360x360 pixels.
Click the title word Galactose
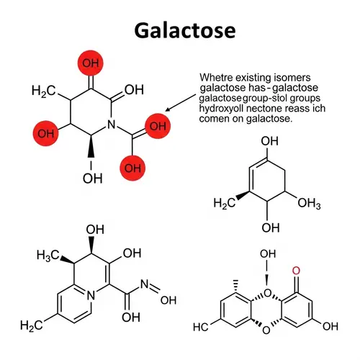pyautogui.click(x=179, y=30)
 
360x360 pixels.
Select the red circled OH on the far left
pyautogui.click(x=46, y=134)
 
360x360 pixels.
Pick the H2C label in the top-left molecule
pyautogui.click(x=44, y=91)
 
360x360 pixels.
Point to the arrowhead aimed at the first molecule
pyautogui.click(x=168, y=110)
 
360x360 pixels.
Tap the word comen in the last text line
pyautogui.click(x=212, y=119)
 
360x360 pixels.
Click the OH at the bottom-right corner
pyautogui.click(x=330, y=327)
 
